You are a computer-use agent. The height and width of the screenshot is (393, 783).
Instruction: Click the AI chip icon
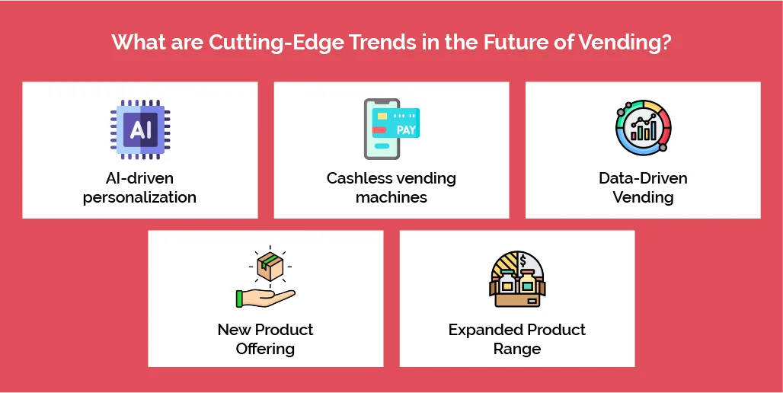[140, 128]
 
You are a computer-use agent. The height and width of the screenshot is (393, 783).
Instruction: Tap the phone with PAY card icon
[391, 128]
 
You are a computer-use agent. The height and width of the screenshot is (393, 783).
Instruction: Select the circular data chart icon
[643, 128]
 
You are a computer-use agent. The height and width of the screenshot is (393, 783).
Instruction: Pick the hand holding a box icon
[265, 279]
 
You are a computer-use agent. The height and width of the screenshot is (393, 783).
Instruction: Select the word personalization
[139, 197]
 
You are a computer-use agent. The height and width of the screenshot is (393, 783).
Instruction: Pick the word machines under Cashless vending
[391, 197]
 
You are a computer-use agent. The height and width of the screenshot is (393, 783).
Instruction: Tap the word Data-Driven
[643, 178]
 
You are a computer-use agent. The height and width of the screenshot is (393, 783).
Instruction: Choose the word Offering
[265, 349]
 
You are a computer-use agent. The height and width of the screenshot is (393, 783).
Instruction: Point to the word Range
[516, 349]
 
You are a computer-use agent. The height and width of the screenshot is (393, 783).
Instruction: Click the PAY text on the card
[406, 129]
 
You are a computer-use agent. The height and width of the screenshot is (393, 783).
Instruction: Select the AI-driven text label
[139, 178]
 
